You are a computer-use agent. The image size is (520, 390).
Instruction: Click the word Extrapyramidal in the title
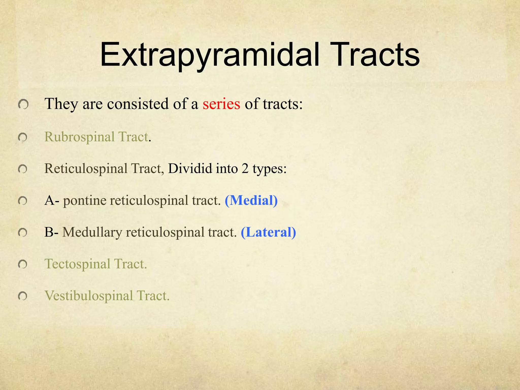coord(209,55)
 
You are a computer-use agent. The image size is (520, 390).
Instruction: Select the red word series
coord(221,104)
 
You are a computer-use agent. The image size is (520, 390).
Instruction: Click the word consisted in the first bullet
coord(138,104)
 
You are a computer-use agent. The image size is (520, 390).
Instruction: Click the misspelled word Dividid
coord(190,169)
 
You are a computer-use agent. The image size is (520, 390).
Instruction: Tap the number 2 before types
coord(245,169)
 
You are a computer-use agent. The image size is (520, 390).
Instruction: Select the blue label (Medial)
coord(251,200)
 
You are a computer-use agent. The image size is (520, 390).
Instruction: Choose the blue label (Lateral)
coord(268,232)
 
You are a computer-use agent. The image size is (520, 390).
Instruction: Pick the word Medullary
coord(92,233)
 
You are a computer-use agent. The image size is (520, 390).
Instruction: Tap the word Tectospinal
coord(77,264)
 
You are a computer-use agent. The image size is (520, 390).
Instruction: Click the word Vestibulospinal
coord(89,296)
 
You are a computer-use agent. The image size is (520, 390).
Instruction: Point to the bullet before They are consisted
coord(23,104)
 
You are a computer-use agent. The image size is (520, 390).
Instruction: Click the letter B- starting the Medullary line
coord(52,232)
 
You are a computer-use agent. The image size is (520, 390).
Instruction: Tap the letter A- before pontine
coord(52,200)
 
